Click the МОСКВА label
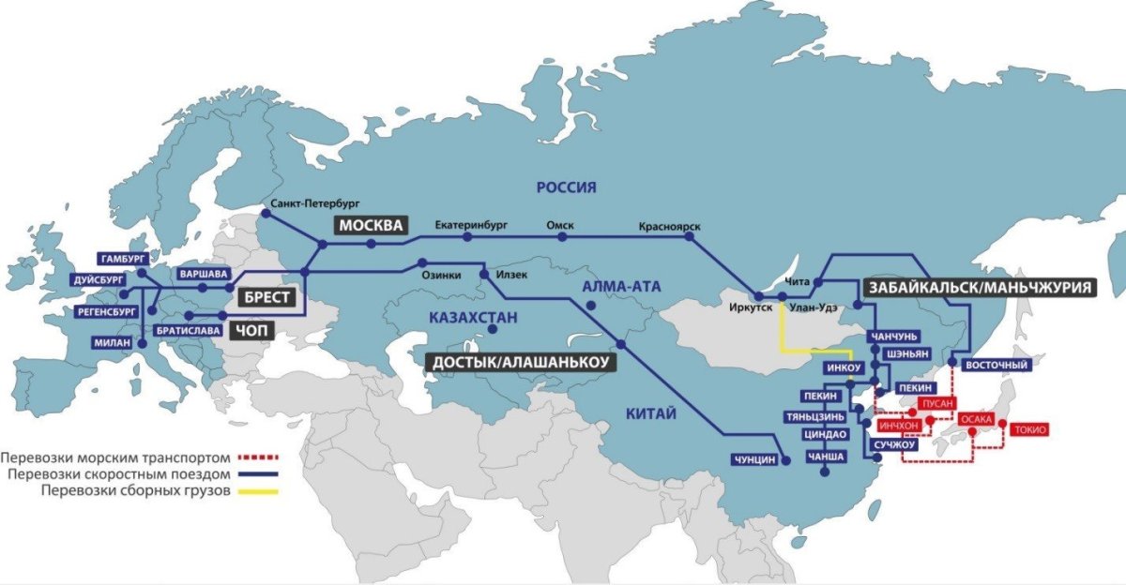click(371, 226)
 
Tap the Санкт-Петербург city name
click(314, 202)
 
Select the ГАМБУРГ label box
click(121, 258)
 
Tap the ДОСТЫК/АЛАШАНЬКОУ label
click(519, 362)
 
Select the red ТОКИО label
click(1029, 429)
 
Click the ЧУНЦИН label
click(756, 458)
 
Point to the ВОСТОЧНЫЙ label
click(997, 365)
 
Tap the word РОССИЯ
click(566, 187)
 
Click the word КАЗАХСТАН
click(473, 318)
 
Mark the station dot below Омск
click(562, 237)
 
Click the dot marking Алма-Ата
click(590, 306)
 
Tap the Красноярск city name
click(669, 227)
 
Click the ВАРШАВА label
click(203, 274)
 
